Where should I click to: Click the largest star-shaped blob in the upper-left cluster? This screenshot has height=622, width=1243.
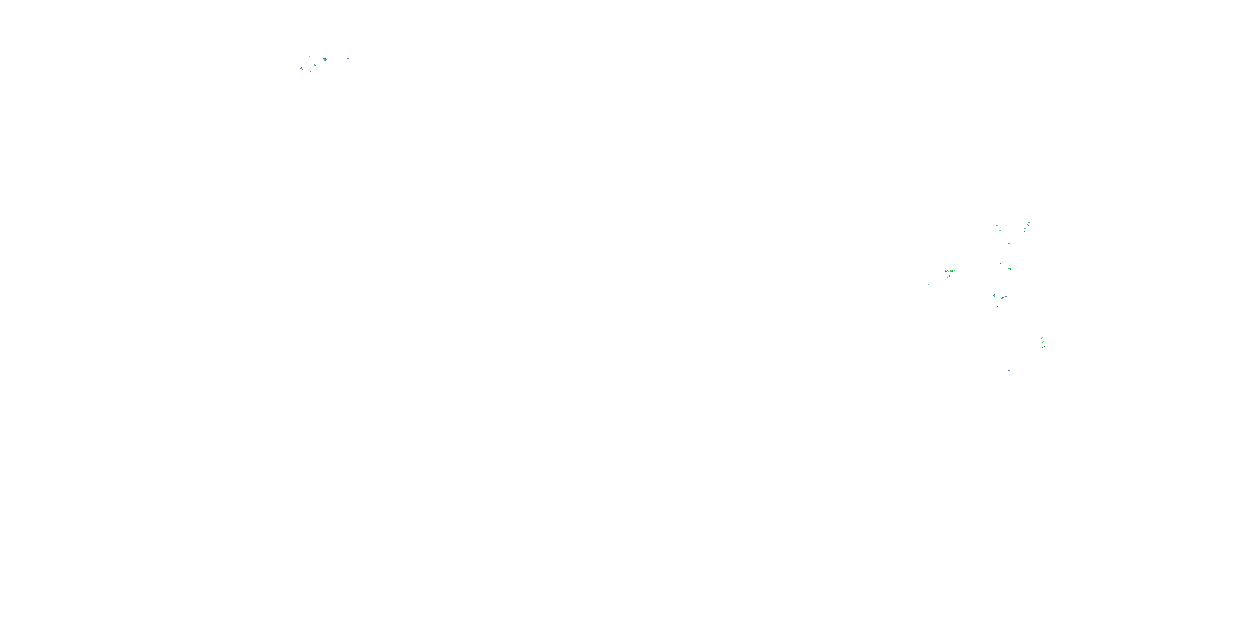pyautogui.click(x=325, y=60)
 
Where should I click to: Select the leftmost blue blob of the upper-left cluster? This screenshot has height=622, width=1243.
pyautogui.click(x=302, y=68)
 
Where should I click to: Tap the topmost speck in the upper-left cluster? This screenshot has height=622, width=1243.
pyautogui.click(x=310, y=57)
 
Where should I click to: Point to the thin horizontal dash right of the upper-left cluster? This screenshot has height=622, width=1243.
pyautogui.click(x=348, y=59)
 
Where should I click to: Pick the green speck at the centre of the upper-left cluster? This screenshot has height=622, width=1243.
pyautogui.click(x=315, y=65)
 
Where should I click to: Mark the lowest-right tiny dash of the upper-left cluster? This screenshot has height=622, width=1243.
pyautogui.click(x=337, y=72)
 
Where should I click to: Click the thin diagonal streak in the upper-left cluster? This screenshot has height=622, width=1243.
pyautogui.click(x=307, y=62)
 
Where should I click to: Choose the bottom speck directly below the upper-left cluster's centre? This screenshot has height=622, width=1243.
pyautogui.click(x=311, y=71)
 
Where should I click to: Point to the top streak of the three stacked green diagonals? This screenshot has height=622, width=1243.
pyautogui.click(x=1042, y=338)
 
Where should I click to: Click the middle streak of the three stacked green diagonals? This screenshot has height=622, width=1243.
pyautogui.click(x=1043, y=343)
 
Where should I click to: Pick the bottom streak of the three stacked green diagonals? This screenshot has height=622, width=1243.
pyautogui.click(x=1044, y=347)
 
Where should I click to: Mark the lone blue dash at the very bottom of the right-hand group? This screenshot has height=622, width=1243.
pyautogui.click(x=1009, y=370)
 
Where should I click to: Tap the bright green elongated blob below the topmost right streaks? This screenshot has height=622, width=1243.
pyautogui.click(x=1008, y=243)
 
